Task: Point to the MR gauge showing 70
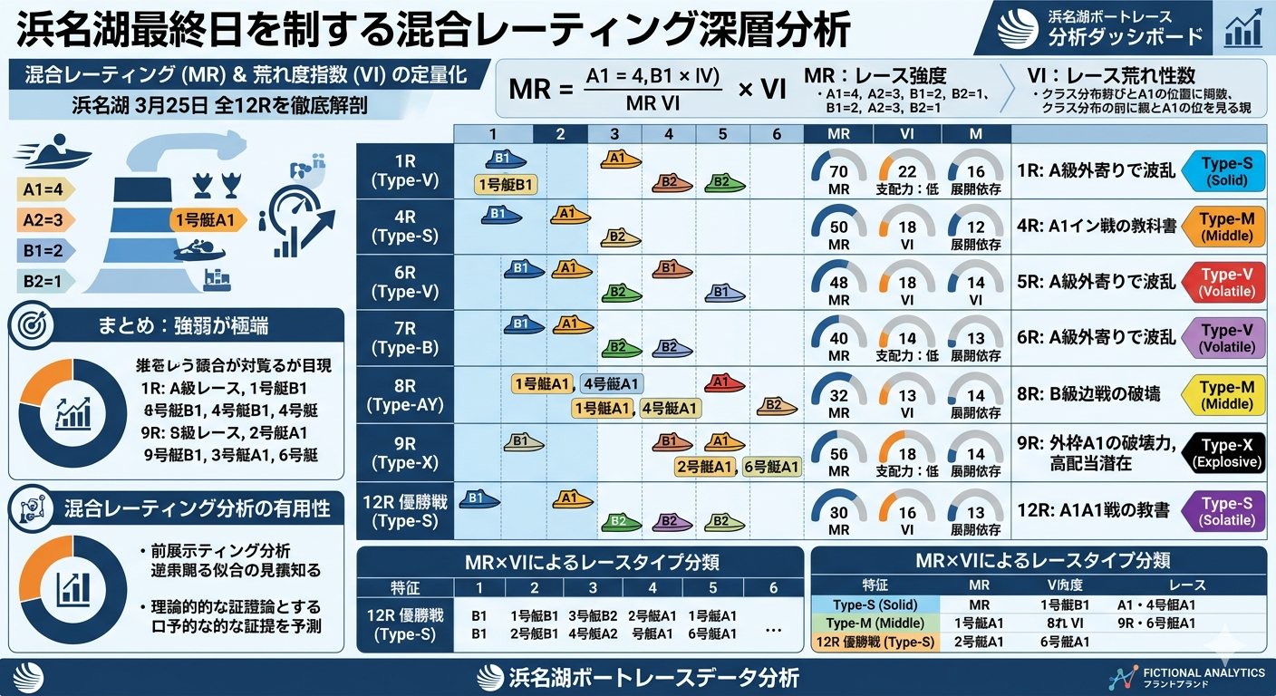[839, 170]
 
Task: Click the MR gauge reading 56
[839, 453]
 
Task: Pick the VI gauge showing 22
[907, 170]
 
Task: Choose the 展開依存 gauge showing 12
[975, 227]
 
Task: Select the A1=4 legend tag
[43, 190]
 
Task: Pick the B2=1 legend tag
[43, 280]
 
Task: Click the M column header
[975, 134]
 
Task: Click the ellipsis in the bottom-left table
[773, 625]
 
